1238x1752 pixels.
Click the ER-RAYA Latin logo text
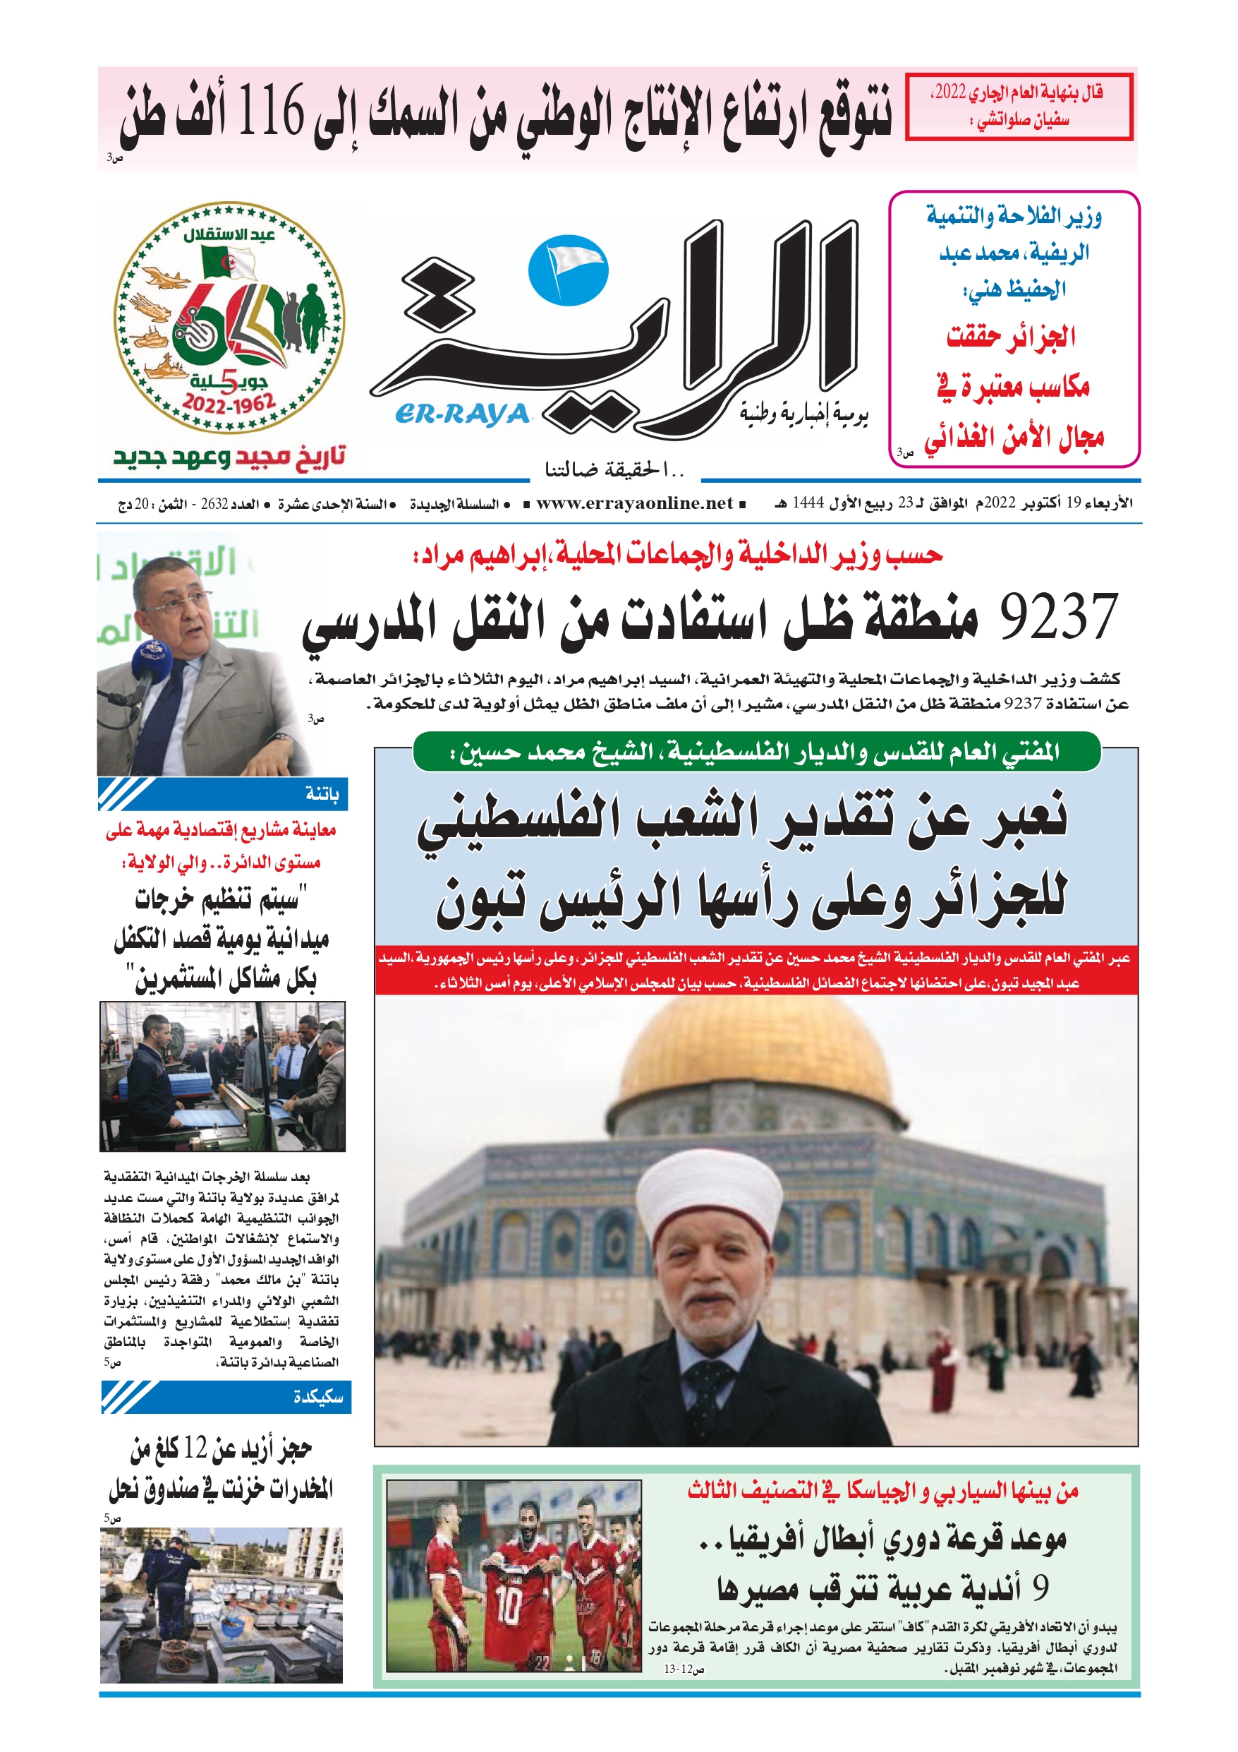461,414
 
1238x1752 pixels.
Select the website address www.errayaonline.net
634,503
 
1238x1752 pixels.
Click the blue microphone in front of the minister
148,659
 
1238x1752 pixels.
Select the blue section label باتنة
322,794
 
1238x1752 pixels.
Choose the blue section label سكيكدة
318,1397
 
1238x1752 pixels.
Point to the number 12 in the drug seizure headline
195,1447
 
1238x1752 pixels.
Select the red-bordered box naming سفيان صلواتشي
1019,107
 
